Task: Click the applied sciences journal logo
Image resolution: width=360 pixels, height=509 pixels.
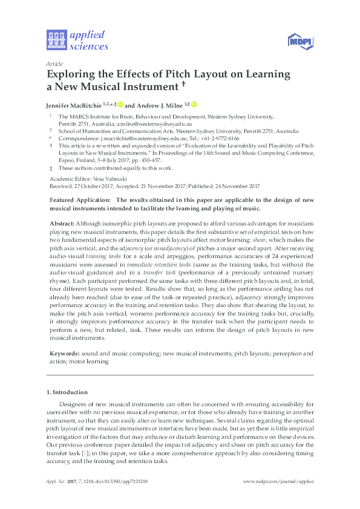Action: (x=77, y=41)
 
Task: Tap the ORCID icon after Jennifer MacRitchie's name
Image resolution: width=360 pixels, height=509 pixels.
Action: (x=120, y=104)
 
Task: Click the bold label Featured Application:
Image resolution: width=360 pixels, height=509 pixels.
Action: (x=79, y=200)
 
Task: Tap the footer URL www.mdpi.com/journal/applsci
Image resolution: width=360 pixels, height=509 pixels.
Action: (x=278, y=481)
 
